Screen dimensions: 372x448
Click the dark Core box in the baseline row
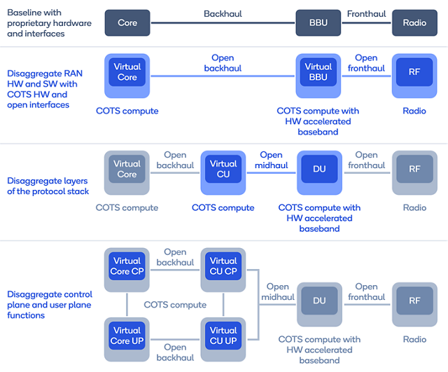click(x=127, y=23)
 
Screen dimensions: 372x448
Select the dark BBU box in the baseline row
click(x=318, y=23)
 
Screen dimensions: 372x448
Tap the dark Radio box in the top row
click(x=414, y=23)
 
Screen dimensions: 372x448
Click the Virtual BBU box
click(x=318, y=72)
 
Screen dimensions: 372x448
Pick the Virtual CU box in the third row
click(x=223, y=170)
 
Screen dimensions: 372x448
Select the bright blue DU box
click(x=319, y=170)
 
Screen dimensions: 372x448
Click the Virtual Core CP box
click(x=127, y=266)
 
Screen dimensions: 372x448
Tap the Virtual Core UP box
click(x=127, y=336)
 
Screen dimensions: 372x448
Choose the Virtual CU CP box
click(x=223, y=266)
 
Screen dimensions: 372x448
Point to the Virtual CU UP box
click(x=223, y=336)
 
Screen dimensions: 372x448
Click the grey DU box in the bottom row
click(x=319, y=301)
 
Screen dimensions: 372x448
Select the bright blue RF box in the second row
click(x=414, y=72)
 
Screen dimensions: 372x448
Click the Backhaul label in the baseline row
click(x=223, y=13)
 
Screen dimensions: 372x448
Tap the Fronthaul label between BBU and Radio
click(x=366, y=13)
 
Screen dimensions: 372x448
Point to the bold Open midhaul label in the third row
click(x=271, y=160)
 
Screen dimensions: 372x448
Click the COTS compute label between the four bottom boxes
click(x=175, y=305)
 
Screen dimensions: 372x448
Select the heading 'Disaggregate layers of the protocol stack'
click(x=48, y=186)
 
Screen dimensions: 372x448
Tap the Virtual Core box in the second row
click(x=127, y=72)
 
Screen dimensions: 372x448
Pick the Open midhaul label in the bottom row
click(x=278, y=291)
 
